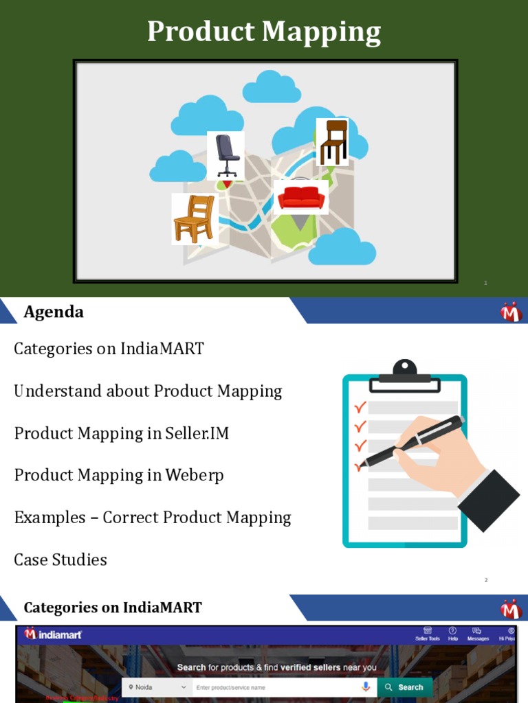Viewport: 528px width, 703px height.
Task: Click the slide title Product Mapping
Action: [x=263, y=33]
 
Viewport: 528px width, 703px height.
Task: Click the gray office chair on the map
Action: [x=226, y=155]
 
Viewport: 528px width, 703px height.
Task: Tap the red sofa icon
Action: [x=300, y=198]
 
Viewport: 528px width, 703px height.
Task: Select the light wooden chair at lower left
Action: [x=194, y=219]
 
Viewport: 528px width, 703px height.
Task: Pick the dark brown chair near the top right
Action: [x=333, y=141]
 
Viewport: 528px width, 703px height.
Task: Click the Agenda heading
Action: [x=54, y=312]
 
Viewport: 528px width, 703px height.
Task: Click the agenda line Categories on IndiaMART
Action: [x=109, y=349]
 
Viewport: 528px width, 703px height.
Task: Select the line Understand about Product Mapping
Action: [x=148, y=391]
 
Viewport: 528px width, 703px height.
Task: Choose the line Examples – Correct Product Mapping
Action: [x=153, y=518]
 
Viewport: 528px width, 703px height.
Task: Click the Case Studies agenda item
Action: [x=60, y=560]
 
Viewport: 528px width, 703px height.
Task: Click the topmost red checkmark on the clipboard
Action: [x=360, y=408]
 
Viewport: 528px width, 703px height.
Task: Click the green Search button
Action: [x=404, y=687]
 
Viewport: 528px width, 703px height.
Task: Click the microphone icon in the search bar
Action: [x=365, y=687]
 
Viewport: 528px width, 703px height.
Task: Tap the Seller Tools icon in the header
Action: [x=427, y=633]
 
